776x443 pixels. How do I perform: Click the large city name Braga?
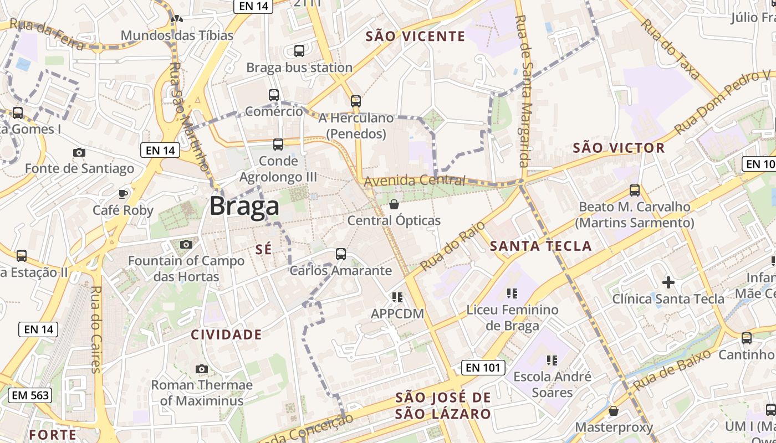[x=244, y=206]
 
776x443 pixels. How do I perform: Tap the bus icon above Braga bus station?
[x=299, y=51]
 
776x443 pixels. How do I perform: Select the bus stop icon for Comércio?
[x=274, y=95]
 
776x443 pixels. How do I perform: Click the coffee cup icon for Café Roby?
[x=123, y=194]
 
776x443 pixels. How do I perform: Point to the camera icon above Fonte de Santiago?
[x=79, y=152]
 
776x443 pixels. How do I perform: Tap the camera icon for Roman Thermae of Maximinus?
[x=202, y=369]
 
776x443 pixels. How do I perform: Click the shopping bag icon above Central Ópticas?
[x=394, y=204]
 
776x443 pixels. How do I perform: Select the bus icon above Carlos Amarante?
[x=341, y=254]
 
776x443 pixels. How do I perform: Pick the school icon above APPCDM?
[x=397, y=297]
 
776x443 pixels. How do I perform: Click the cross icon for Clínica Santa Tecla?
[x=668, y=282]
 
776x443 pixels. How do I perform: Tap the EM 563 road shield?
[x=30, y=395]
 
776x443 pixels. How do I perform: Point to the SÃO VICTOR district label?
[x=619, y=148]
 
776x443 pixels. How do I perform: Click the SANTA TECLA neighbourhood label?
[x=541, y=246]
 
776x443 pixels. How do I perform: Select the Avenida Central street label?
[x=415, y=181]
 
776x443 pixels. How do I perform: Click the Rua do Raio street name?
[x=453, y=246]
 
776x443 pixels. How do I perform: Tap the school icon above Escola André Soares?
[x=552, y=360]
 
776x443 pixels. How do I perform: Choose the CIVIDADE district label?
[x=226, y=334]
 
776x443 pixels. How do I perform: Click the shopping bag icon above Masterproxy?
[x=614, y=411]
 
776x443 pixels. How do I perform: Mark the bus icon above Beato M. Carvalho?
[x=635, y=190]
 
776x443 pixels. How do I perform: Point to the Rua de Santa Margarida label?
[x=522, y=91]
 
